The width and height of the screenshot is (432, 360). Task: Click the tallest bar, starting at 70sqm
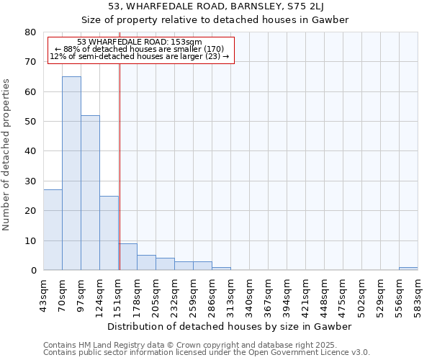[x=71, y=173]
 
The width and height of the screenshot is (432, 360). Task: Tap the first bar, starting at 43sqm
[x=53, y=230]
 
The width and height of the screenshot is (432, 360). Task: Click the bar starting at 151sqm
[x=127, y=256]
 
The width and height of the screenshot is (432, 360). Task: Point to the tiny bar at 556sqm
[x=408, y=269]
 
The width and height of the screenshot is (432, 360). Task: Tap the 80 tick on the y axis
[x=30, y=32]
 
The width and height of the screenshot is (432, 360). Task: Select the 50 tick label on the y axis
[x=30, y=122]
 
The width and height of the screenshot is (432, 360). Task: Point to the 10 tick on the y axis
[x=30, y=240]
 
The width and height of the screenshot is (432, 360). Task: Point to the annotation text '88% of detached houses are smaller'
[x=140, y=49]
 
